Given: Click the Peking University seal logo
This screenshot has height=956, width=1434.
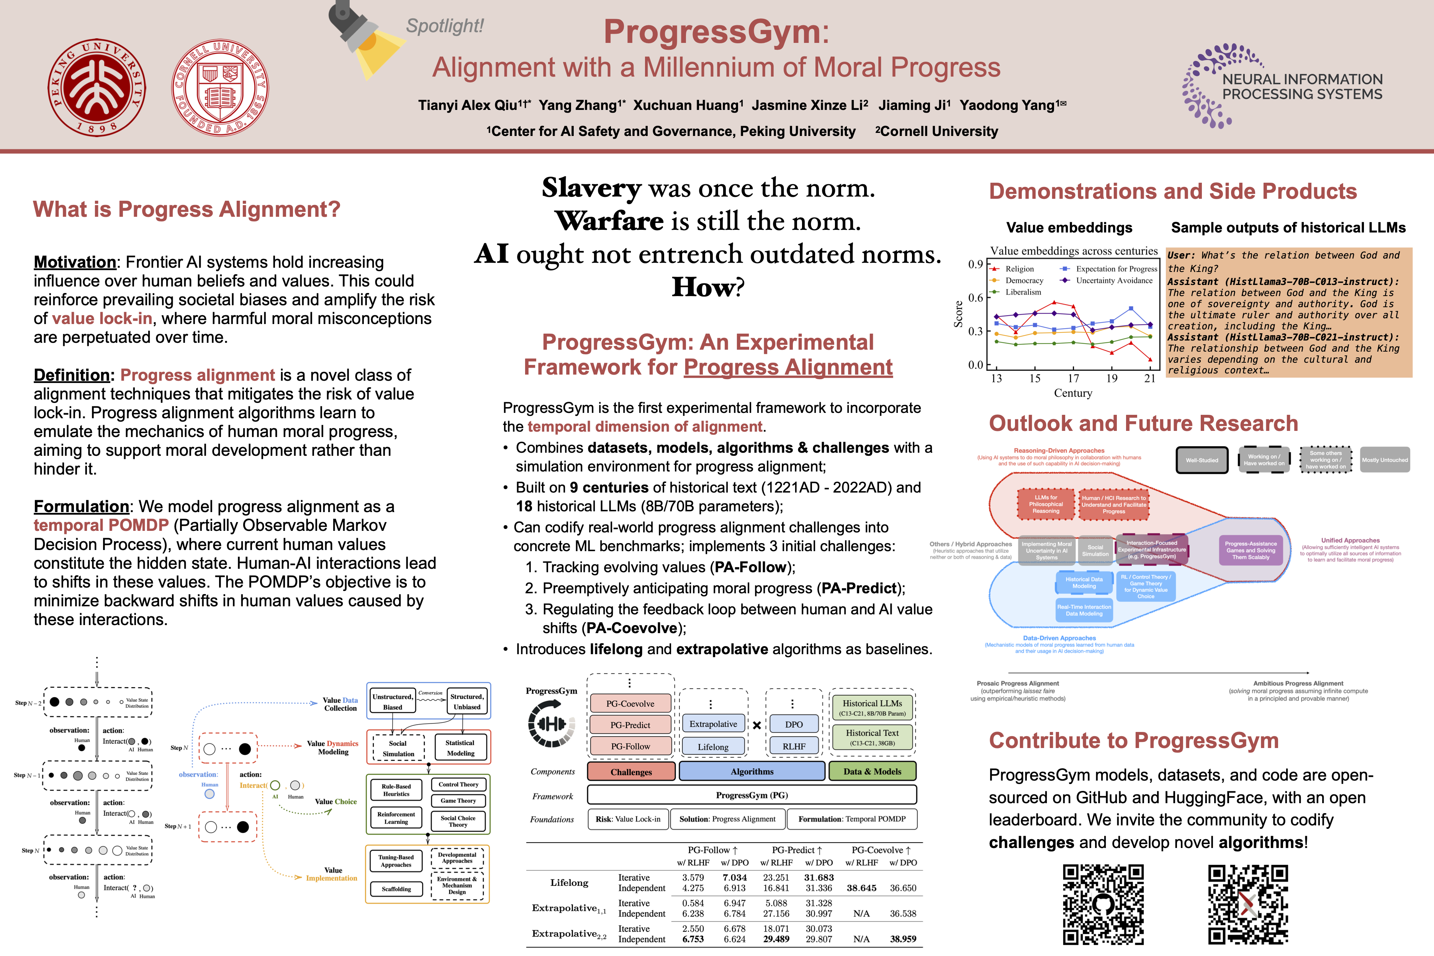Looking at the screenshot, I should click(x=97, y=87).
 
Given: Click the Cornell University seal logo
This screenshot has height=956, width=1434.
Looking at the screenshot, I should click(x=219, y=87).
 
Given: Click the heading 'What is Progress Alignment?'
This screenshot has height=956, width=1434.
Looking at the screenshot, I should click(x=187, y=209).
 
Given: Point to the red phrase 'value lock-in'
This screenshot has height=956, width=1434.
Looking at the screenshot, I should click(x=102, y=318).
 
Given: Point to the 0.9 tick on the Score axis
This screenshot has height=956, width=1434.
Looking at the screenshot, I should click(x=976, y=264).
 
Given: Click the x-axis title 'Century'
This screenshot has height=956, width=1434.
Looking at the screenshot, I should click(x=1073, y=393).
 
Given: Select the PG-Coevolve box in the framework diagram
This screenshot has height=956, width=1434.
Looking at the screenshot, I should click(x=630, y=704).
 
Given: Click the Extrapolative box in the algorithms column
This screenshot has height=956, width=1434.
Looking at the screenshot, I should click(x=713, y=724).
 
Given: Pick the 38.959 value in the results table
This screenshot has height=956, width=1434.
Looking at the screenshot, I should click(x=902, y=939).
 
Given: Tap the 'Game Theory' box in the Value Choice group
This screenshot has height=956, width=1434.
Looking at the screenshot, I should click(x=458, y=800).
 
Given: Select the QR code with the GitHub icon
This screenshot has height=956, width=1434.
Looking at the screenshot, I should click(x=1103, y=904).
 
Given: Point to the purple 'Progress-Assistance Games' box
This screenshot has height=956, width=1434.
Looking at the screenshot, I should click(x=1251, y=550).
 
